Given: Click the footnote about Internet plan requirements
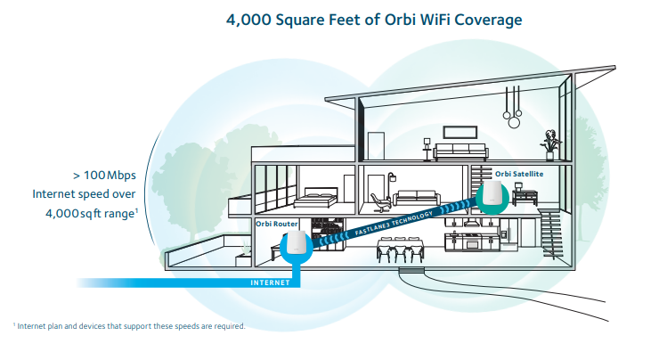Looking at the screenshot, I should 129,326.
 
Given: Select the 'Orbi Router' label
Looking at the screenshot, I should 278,223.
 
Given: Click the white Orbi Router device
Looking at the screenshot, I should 296,245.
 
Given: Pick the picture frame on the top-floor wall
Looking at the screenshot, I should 378,143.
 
